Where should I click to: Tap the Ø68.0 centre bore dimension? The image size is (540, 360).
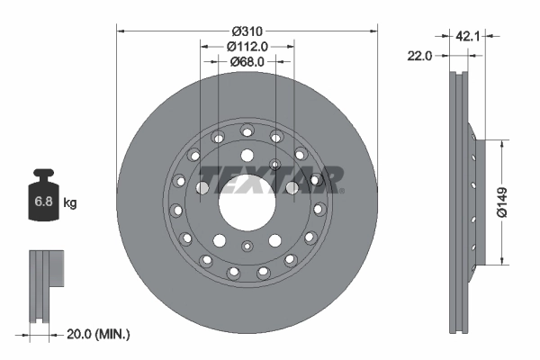tap(247, 62)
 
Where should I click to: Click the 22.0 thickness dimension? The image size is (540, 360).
tap(420, 56)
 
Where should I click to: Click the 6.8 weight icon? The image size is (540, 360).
tap(43, 201)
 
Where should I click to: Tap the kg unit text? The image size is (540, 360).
tap(70, 203)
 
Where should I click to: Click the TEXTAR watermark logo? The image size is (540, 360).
tap(270, 178)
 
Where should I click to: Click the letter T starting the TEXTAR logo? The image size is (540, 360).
tap(209, 178)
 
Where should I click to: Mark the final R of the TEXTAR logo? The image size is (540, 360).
tap(331, 178)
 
